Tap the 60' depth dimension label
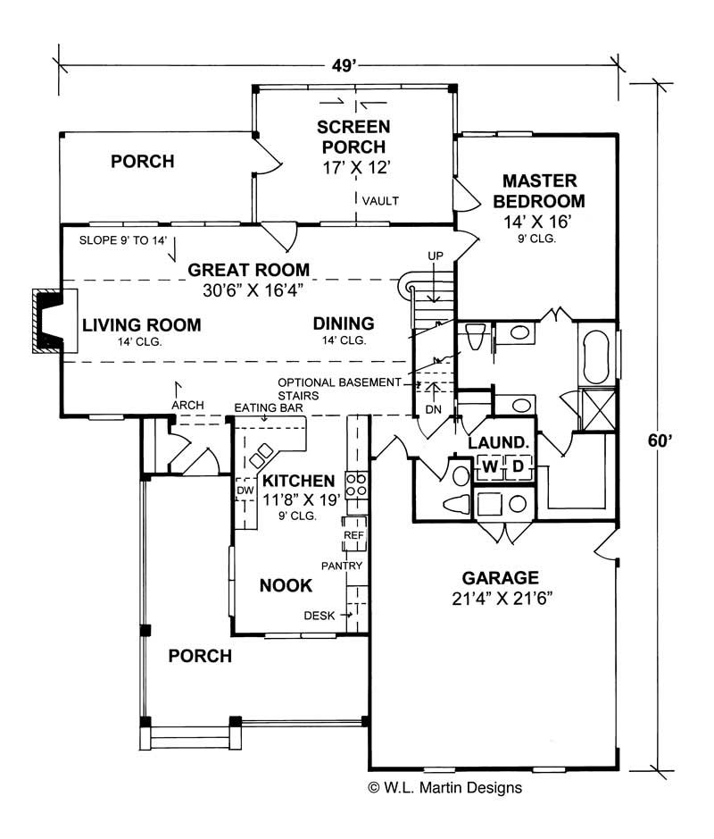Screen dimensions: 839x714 click(660, 440)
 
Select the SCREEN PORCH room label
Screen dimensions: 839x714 click(354, 136)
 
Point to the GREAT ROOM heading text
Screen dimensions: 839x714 click(248, 270)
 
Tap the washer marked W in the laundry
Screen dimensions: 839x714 click(490, 466)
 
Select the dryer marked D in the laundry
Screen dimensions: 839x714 click(518, 466)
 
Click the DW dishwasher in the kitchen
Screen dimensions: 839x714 click(245, 491)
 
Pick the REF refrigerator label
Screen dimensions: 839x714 click(353, 534)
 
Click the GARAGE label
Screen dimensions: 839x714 click(500, 577)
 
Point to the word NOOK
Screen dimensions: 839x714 click(285, 586)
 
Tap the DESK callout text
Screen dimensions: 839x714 click(319, 615)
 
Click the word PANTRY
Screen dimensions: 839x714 click(343, 566)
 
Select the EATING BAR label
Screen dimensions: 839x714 click(269, 408)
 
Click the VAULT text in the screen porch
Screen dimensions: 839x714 click(381, 201)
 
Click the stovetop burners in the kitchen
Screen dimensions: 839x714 click(356, 483)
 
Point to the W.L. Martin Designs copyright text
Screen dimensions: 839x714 click(444, 788)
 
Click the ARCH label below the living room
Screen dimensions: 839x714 click(187, 405)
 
